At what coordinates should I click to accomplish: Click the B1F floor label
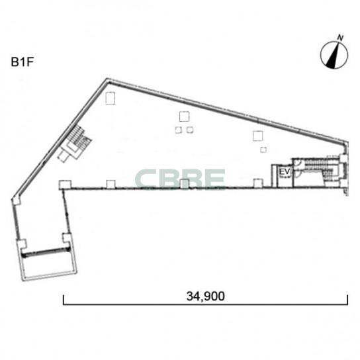click(x=22, y=62)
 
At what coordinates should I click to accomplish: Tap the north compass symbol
click(x=334, y=55)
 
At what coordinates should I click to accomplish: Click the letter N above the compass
click(x=340, y=38)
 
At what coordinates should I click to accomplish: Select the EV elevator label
click(x=285, y=172)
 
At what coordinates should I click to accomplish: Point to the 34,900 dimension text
click(x=206, y=296)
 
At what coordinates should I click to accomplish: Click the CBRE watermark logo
click(x=180, y=179)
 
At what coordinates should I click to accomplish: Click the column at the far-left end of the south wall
click(x=66, y=185)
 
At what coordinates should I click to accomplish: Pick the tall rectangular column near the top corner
click(x=111, y=98)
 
